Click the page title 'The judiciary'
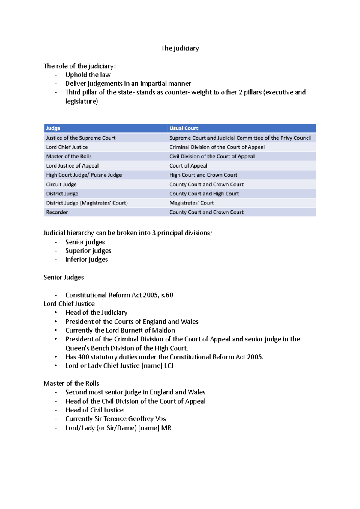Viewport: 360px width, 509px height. (x=180, y=48)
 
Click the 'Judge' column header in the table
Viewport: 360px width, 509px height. (x=53, y=128)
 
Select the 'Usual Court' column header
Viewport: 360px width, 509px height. (x=184, y=128)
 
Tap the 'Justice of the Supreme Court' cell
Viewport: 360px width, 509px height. (x=81, y=138)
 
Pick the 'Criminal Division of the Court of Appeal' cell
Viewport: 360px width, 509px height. (x=217, y=147)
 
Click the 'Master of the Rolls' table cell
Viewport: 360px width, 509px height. (x=69, y=156)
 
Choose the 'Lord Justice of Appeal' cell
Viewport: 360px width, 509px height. (x=72, y=166)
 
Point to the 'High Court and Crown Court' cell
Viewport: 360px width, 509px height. (x=203, y=175)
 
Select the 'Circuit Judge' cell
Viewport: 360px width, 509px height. (x=61, y=184)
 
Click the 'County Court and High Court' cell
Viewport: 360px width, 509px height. (x=204, y=194)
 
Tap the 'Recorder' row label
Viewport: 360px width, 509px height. (x=57, y=212)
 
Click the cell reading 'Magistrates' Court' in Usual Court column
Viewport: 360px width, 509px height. (x=191, y=203)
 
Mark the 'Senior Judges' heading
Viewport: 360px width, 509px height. (x=64, y=277)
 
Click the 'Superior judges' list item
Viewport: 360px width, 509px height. (x=88, y=251)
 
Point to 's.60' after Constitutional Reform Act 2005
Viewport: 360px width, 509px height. (x=167, y=295)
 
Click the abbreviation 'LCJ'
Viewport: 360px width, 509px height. (x=169, y=366)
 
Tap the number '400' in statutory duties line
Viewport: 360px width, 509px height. (x=83, y=357)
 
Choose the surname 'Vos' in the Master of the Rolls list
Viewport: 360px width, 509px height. (x=160, y=419)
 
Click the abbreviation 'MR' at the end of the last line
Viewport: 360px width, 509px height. (x=166, y=428)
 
